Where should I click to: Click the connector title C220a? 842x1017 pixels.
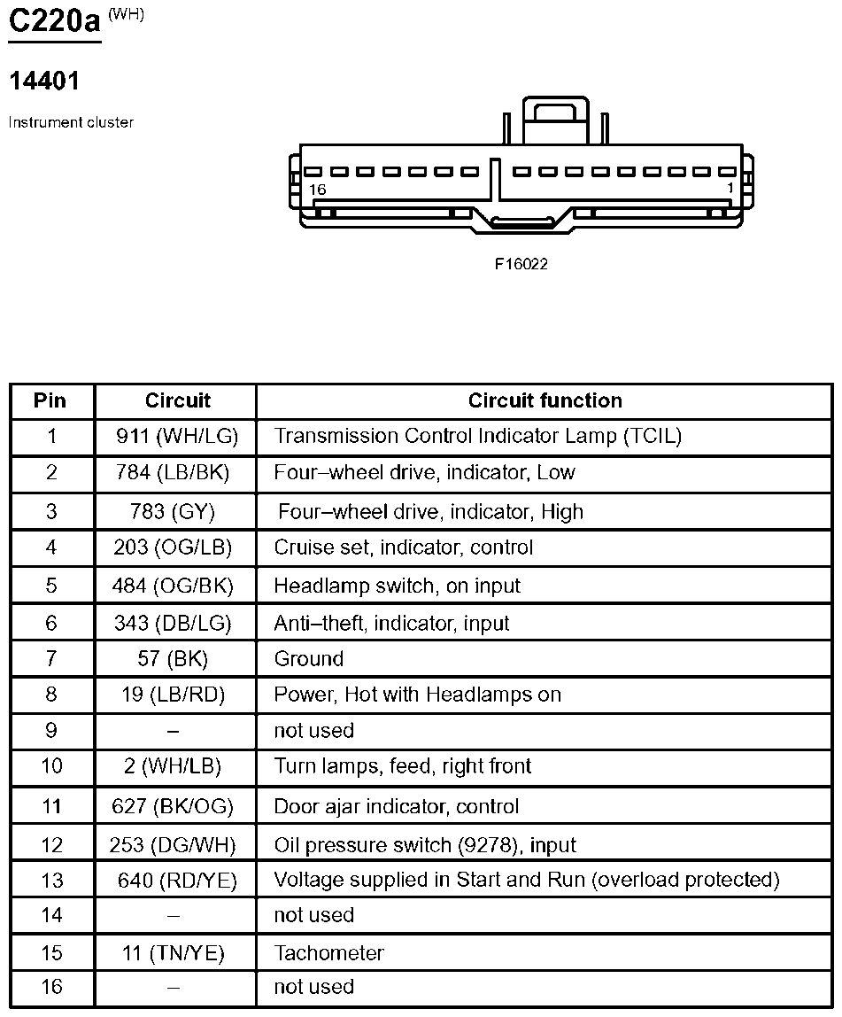54,20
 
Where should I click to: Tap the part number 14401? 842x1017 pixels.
44,82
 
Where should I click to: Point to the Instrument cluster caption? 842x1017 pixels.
71,122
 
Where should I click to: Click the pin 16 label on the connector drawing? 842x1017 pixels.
318,190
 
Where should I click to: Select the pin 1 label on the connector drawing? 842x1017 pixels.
730,188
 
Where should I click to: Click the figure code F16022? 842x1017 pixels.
521,264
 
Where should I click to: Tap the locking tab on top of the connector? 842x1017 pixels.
555,120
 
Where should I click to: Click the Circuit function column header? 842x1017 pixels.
545,400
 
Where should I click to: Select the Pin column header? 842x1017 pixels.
50,400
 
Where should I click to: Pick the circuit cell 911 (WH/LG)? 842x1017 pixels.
177,436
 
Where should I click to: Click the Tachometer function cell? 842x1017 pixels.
328,953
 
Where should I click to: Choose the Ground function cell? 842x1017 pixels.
308,659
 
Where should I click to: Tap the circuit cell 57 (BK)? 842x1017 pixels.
173,659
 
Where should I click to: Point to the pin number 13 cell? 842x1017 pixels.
52,881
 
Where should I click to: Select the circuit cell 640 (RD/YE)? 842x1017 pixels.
178,881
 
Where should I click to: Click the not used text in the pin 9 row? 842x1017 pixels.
313,731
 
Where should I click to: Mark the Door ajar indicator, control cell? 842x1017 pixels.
396,807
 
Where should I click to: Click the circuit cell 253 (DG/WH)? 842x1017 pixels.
173,845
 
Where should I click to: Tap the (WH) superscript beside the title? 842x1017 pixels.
126,14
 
